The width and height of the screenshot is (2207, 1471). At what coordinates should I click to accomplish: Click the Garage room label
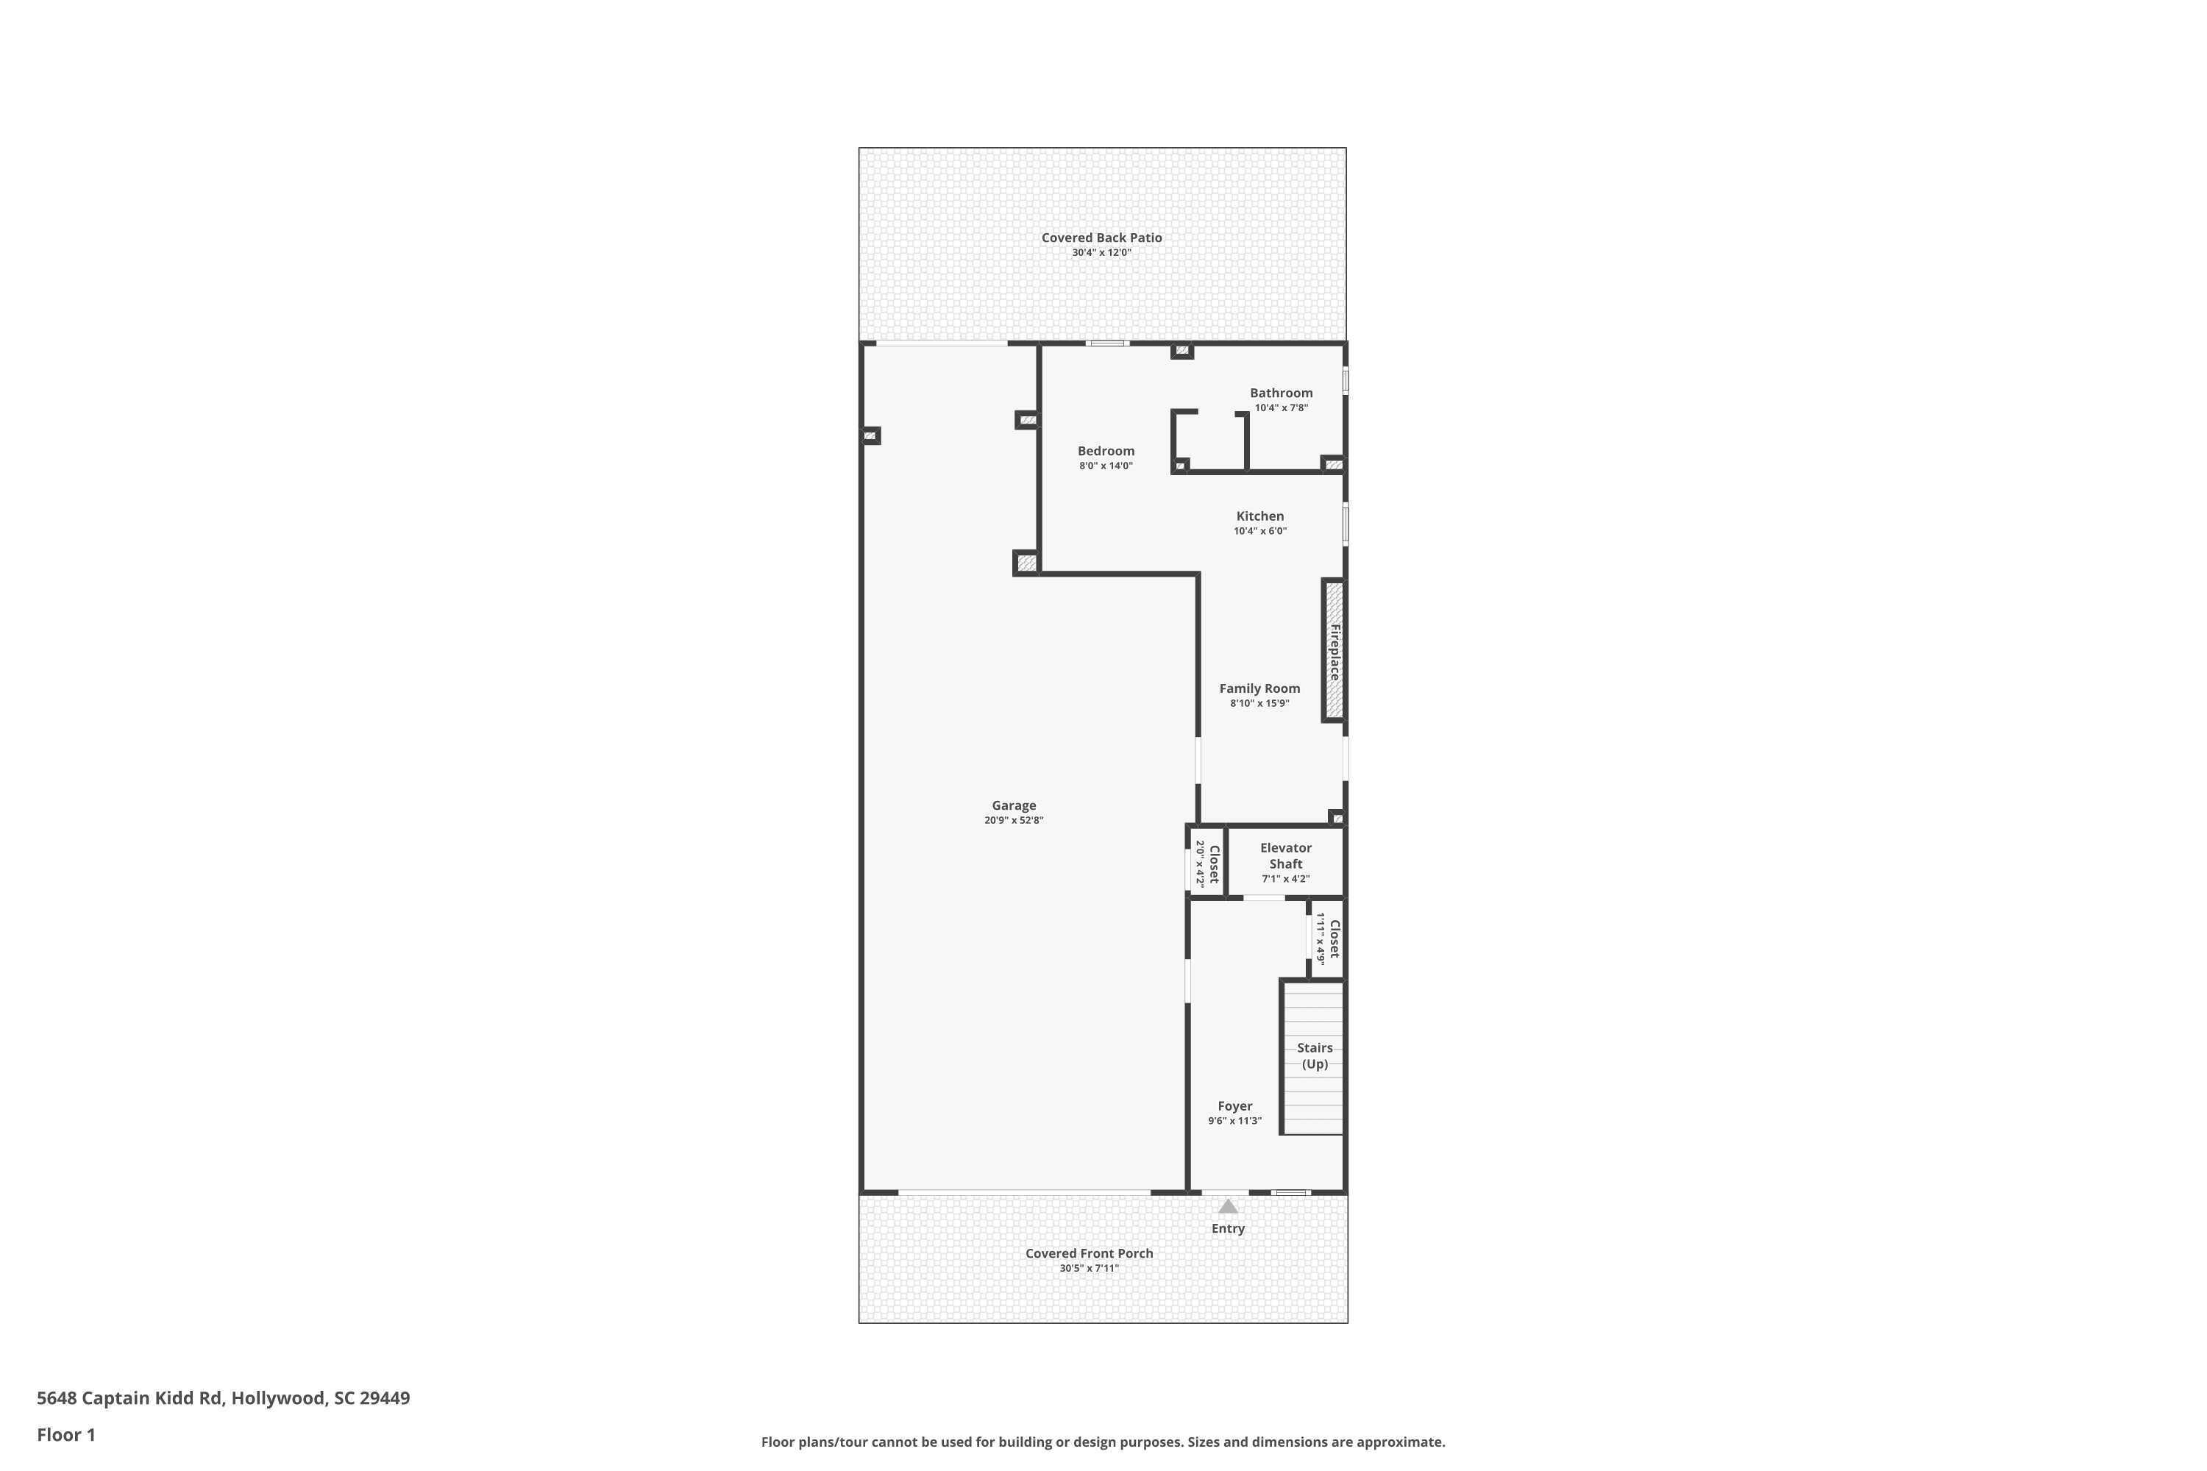[x=1014, y=805]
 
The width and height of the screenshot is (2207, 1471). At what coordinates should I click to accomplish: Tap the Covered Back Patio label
[x=1101, y=238]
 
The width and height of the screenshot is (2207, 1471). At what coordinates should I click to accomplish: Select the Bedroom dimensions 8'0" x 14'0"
[x=1106, y=466]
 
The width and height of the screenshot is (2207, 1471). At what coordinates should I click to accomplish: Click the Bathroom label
[x=1281, y=393]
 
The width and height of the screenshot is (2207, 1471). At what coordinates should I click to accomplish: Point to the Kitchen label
[x=1259, y=516]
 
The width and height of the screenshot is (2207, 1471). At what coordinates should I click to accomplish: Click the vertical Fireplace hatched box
[x=1333, y=651]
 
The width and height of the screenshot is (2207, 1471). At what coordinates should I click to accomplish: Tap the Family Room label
[x=1259, y=688]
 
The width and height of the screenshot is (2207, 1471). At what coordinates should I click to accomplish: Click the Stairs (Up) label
[x=1315, y=1055]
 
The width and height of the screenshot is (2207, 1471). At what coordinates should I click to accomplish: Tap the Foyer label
[x=1235, y=1106]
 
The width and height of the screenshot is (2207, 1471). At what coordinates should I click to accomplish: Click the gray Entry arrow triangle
[x=1227, y=1206]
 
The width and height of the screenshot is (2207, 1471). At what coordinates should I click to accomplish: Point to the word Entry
[x=1227, y=1228]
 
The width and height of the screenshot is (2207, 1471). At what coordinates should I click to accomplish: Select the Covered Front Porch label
[x=1089, y=1253]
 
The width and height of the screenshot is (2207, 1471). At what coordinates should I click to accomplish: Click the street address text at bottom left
[x=224, y=1398]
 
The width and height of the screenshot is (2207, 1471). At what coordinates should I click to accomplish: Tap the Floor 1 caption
[x=65, y=1434]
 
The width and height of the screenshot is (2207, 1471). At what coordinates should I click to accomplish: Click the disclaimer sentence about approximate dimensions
[x=1103, y=1442]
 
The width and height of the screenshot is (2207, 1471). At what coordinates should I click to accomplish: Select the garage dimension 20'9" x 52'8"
[x=1014, y=821]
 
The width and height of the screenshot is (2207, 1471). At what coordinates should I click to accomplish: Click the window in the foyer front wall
[x=1291, y=1192]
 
